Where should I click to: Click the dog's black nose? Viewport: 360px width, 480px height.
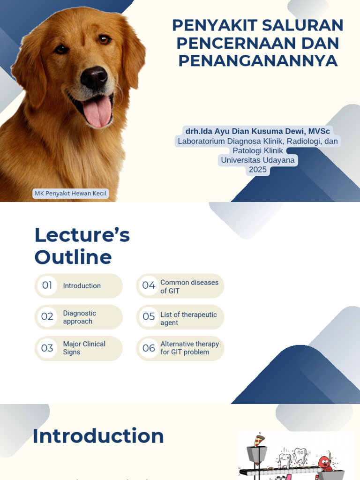tap(94, 77)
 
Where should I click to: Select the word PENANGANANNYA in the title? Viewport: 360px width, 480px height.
tap(258, 60)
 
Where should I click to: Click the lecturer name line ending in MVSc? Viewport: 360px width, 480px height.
tap(257, 131)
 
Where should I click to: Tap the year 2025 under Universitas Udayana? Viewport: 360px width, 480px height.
tap(258, 170)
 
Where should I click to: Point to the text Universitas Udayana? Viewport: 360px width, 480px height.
tap(258, 160)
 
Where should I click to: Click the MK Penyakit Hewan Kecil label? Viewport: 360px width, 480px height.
tap(71, 194)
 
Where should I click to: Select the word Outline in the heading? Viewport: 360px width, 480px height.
tap(73, 257)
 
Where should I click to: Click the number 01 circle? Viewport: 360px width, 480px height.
tap(47, 285)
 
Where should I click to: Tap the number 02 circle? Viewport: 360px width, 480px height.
tap(47, 317)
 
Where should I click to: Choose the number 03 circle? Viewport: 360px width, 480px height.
tap(47, 348)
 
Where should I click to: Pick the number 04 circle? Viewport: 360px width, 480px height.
tap(149, 285)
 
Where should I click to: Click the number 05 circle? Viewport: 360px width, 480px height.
tap(149, 317)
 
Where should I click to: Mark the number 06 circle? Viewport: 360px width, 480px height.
tap(149, 348)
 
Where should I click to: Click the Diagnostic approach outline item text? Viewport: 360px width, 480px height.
tap(80, 317)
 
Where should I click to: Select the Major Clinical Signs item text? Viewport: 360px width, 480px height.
tap(84, 348)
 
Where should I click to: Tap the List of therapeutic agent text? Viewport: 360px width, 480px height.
tap(188, 319)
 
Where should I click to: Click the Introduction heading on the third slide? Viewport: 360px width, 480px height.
tap(98, 436)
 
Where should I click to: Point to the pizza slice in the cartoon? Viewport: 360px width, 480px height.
tap(258, 440)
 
